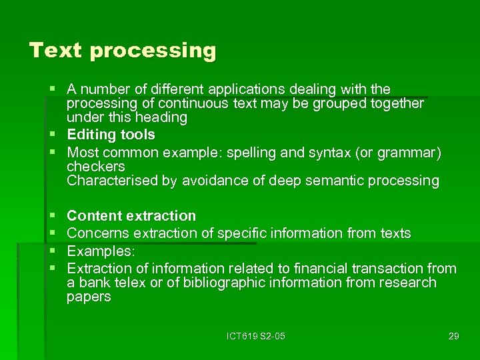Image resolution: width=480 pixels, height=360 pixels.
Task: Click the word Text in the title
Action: [56, 51]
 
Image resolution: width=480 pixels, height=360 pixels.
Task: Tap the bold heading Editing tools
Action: [111, 135]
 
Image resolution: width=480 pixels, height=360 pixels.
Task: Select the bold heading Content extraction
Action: [131, 216]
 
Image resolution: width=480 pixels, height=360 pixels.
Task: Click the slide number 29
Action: [453, 336]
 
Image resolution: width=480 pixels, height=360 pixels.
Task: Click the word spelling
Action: [252, 152]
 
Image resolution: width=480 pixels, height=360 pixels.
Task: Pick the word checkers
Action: [95, 166]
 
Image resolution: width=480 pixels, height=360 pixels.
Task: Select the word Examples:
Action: [101, 251]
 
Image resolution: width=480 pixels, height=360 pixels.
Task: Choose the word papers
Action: [89, 297]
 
